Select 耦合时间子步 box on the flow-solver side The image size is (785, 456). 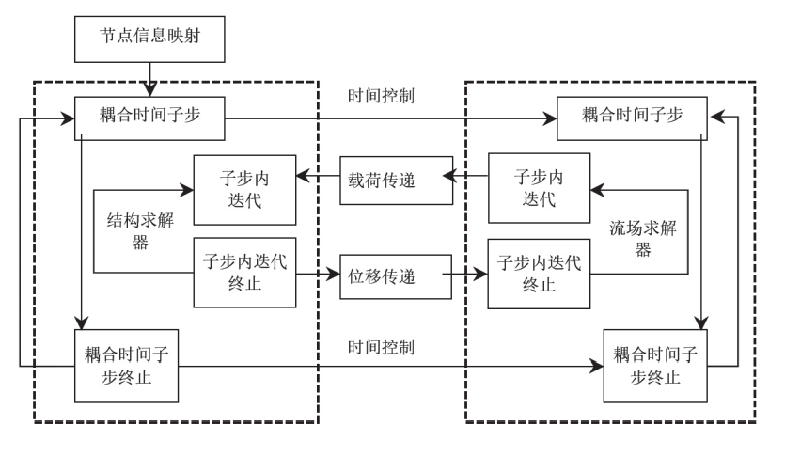(632, 118)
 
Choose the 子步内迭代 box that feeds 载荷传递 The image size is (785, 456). (539, 188)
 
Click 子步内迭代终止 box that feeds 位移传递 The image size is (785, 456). (244, 273)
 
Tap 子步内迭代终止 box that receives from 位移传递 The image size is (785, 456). (539, 273)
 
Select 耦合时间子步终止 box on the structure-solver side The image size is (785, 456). (126, 366)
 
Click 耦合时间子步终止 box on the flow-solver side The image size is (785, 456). (656, 366)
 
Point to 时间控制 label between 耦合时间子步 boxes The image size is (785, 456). (381, 96)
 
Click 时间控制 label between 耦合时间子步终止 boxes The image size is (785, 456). (381, 347)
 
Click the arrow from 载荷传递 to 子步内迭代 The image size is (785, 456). (318, 174)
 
